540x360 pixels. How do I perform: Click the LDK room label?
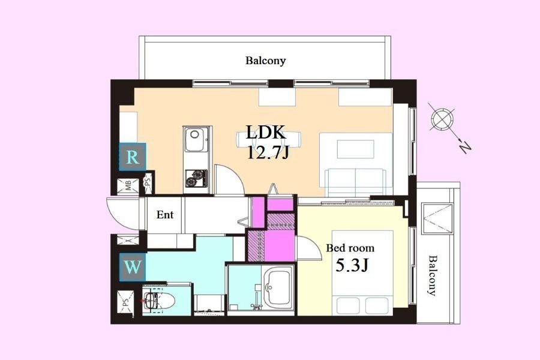pyautogui.click(x=266, y=132)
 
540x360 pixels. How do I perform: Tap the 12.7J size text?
pyautogui.click(x=268, y=152)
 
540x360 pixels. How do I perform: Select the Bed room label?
pyautogui.click(x=350, y=248)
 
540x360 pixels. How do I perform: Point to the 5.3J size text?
pyautogui.click(x=352, y=265)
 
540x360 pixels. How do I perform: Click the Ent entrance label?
pyautogui.click(x=164, y=215)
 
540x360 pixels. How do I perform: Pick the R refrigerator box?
pyautogui.click(x=132, y=157)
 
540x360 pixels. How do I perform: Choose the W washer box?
pyautogui.click(x=133, y=267)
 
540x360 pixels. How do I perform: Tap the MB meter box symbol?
pyautogui.click(x=128, y=187)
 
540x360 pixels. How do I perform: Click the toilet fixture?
pyautogui.click(x=158, y=301)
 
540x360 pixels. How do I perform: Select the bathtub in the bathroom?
pyautogui.click(x=278, y=287)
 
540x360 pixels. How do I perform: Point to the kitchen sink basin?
pyautogui.click(x=196, y=139)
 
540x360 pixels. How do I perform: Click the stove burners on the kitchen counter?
pyautogui.click(x=196, y=178)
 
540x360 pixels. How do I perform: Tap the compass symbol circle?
pyautogui.click(x=442, y=119)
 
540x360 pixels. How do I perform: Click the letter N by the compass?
pyautogui.click(x=465, y=148)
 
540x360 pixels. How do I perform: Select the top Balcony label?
pyautogui.click(x=266, y=61)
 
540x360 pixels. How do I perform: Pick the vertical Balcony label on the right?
pyautogui.click(x=432, y=275)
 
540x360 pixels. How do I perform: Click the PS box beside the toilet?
pyautogui.click(x=125, y=302)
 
